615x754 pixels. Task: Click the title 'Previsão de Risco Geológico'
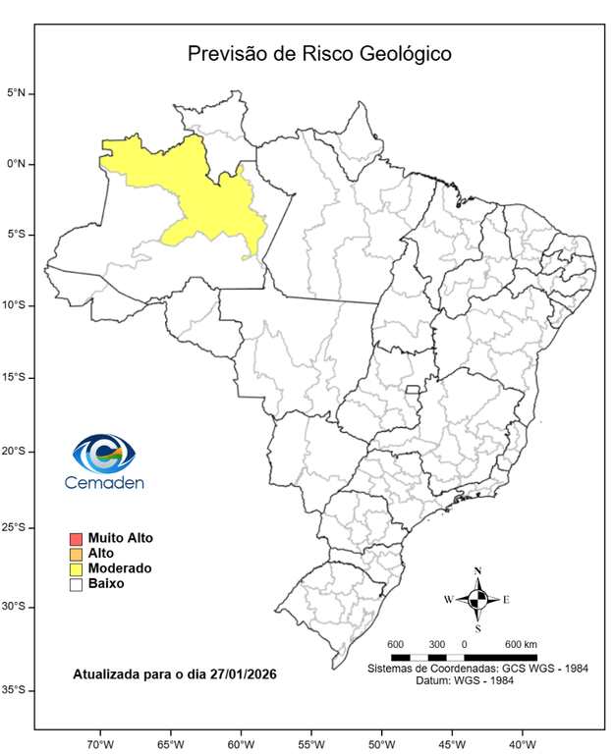pos(319,53)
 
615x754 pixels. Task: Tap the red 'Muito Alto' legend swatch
pos(75,539)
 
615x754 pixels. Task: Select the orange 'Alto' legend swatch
pos(75,554)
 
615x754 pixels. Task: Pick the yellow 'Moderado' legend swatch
pos(75,568)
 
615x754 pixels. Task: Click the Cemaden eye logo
pos(104,454)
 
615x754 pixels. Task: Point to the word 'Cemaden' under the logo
pos(104,482)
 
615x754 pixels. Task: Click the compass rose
pos(477,599)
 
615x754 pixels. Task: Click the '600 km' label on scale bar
pos(521,644)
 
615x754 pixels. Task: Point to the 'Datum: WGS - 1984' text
pos(478,679)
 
